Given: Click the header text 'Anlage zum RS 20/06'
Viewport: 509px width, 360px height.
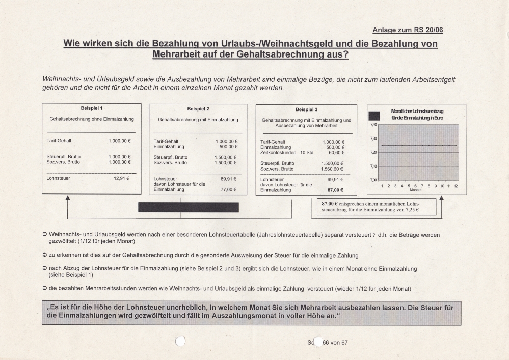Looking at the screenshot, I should [x=408, y=30].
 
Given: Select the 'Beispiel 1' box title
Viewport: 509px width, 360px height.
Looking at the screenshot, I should [x=92, y=108].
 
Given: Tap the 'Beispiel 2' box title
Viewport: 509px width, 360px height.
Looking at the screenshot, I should [x=198, y=109].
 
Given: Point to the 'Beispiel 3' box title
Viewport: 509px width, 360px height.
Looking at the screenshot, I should [x=306, y=109].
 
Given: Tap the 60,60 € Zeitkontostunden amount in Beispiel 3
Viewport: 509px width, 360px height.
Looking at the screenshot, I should [x=336, y=152].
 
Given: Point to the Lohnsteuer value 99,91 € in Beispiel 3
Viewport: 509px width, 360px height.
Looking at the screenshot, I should [x=336, y=180].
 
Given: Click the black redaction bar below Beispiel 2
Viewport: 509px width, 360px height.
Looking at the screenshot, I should [x=189, y=207].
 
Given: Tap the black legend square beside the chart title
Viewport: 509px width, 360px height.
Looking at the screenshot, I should [x=374, y=116].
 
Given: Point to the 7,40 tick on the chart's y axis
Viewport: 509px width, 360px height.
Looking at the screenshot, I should [x=373, y=125].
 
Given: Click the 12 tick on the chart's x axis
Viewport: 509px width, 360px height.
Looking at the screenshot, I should [x=456, y=186].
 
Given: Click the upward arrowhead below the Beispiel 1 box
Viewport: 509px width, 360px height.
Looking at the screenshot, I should [x=68, y=198].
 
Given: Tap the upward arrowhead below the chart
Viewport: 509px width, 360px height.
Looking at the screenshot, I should [x=441, y=198].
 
